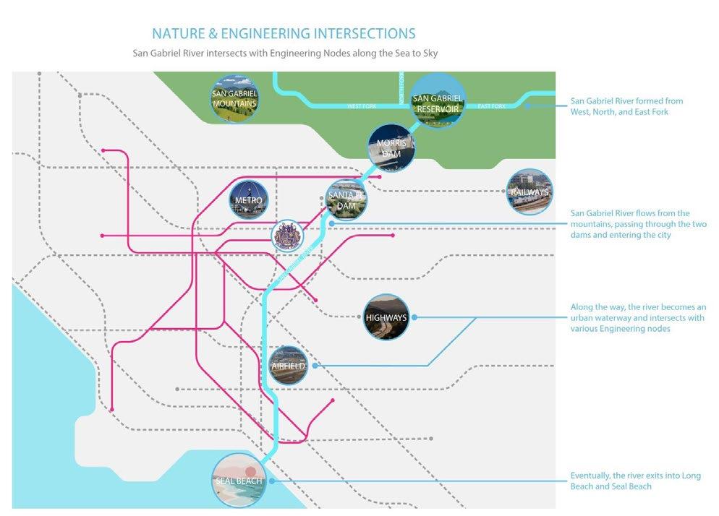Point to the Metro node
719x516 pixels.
(248, 200)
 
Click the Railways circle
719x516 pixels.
(529, 192)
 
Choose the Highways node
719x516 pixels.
(387, 317)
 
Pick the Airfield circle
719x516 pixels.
(288, 366)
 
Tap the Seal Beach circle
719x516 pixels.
(239, 481)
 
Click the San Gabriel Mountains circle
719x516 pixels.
(234, 99)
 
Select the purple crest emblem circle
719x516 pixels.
(287, 236)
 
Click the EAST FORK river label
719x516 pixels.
(492, 107)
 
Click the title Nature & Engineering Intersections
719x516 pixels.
(284, 33)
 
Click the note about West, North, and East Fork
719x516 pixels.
(626, 106)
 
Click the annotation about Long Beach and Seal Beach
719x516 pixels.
(625, 481)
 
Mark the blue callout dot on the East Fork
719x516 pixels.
(529, 106)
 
